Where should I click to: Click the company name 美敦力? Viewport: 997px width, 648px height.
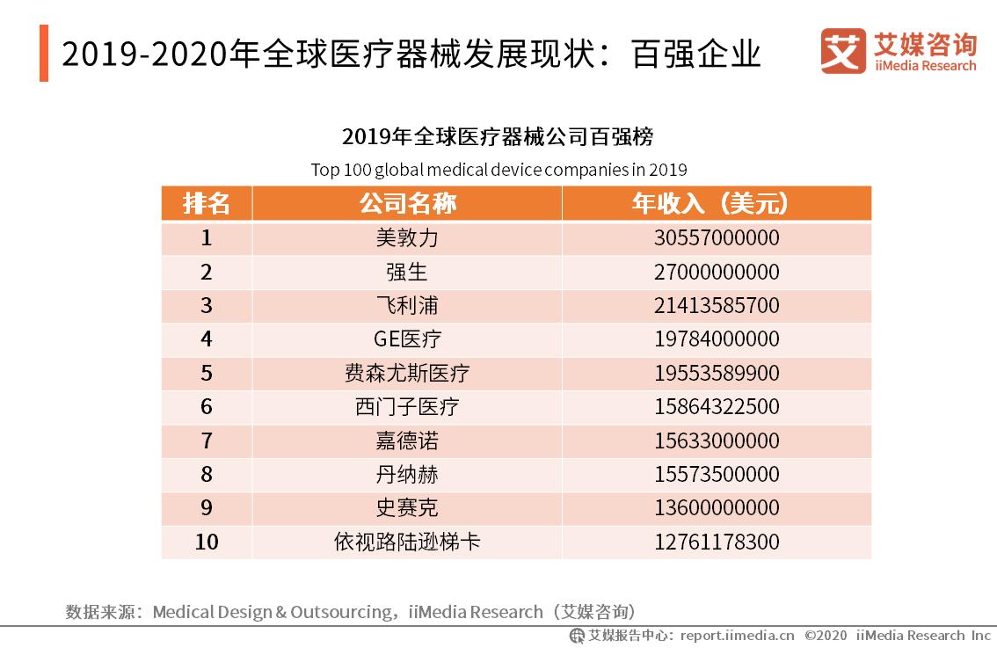(406, 238)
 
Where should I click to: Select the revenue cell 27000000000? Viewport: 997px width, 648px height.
(717, 273)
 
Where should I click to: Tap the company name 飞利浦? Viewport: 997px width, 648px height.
(406, 306)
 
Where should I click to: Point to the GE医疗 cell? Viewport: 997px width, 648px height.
(407, 339)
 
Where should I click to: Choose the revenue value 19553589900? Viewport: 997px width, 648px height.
(717, 374)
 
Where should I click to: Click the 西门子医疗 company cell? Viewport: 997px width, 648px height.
(406, 407)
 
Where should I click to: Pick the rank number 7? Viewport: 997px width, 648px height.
(207, 440)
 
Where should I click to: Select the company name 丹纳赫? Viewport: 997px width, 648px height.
(406, 475)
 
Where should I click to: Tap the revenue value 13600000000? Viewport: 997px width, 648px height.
(717, 508)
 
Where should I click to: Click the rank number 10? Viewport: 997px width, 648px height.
(207, 542)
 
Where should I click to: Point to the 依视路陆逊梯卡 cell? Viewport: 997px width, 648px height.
(406, 542)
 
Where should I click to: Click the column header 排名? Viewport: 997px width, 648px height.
(207, 204)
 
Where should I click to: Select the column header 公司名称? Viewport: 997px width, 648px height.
(407, 204)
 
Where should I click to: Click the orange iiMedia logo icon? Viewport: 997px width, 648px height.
(843, 52)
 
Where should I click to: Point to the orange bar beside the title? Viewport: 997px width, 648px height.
(44, 54)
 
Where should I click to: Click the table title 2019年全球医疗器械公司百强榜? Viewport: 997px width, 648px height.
(498, 137)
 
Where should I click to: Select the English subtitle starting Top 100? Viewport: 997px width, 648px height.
(498, 169)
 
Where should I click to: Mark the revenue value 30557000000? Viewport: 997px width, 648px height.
(717, 238)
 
